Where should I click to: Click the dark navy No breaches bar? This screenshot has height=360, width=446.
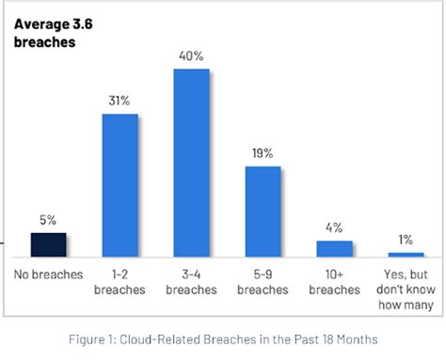click(x=49, y=244)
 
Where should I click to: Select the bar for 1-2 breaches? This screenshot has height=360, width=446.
click(x=120, y=185)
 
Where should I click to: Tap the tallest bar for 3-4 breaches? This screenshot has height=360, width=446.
click(x=191, y=163)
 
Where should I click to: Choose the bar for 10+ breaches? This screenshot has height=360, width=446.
click(x=334, y=248)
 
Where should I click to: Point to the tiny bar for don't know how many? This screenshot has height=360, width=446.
click(x=406, y=254)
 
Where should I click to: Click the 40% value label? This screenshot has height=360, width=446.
click(x=191, y=55)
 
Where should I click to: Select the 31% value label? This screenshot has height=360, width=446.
click(x=120, y=102)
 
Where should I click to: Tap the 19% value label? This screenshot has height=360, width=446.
click(x=263, y=153)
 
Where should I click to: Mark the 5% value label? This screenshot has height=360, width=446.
click(x=49, y=221)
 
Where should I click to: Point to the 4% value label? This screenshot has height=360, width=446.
click(x=334, y=227)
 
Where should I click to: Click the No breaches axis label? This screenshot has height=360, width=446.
click(x=49, y=275)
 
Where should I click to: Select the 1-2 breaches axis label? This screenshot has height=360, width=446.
click(x=120, y=283)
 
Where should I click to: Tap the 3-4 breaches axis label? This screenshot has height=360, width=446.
click(x=191, y=283)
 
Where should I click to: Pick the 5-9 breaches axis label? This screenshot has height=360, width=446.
click(x=263, y=283)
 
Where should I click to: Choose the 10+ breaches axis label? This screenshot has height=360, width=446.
click(x=334, y=283)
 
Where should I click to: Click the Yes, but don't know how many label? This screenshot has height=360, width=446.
click(x=406, y=290)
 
